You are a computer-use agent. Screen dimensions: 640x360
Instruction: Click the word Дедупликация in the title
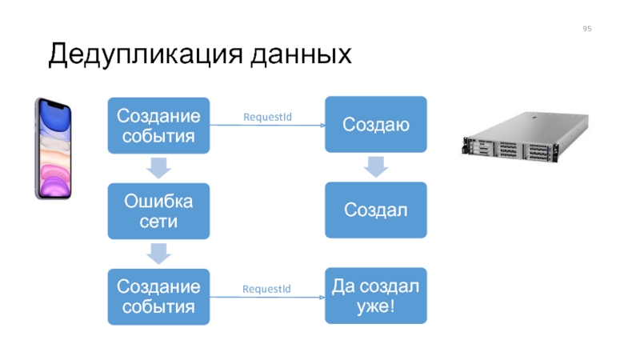[146, 54]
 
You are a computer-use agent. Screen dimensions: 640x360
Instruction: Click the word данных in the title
[302, 54]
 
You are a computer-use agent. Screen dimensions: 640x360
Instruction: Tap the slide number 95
[587, 29]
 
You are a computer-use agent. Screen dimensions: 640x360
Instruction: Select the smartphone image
[53, 149]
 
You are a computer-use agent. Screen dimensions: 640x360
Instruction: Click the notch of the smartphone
[54, 105]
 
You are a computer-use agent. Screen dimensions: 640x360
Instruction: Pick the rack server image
[526, 137]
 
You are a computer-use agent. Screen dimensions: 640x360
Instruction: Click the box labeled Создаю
[376, 125]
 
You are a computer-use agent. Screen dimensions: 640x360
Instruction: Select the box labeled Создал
[376, 210]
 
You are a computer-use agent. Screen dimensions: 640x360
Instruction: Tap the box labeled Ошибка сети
[158, 211]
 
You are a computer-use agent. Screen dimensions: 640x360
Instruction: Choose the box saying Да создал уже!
[376, 296]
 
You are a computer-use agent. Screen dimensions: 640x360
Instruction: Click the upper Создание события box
[158, 126]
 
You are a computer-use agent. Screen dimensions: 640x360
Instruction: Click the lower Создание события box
[158, 297]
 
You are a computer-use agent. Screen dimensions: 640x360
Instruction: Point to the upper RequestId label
[267, 117]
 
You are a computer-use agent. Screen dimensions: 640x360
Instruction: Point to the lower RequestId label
[266, 289]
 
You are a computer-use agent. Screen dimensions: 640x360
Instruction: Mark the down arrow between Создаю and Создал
[376, 167]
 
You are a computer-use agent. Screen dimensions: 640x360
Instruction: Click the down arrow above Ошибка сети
[158, 168]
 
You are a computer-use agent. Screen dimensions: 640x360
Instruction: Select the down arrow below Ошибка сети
[158, 254]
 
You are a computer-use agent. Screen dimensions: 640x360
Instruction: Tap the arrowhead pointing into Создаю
[322, 126]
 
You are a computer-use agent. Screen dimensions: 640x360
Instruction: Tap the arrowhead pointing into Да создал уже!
[322, 297]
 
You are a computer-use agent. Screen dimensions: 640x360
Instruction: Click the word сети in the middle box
[158, 222]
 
